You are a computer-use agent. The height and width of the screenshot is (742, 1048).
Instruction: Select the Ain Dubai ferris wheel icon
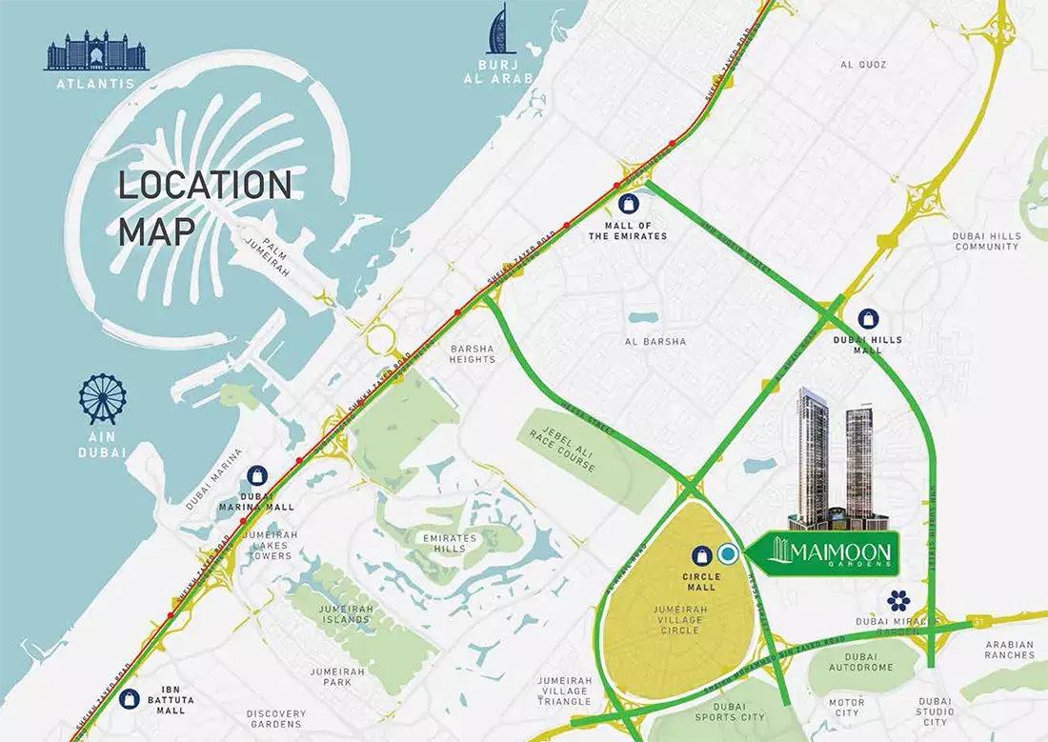[x=102, y=399]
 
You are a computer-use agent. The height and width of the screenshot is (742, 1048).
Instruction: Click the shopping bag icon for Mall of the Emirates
[x=628, y=203]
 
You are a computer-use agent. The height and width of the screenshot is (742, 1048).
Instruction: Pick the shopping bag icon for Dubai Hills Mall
[x=868, y=318]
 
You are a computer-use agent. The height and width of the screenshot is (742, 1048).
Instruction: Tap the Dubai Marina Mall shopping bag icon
[x=256, y=475]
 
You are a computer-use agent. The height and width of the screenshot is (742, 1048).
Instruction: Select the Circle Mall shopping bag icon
[x=701, y=554]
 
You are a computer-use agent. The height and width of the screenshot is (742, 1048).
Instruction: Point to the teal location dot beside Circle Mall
[x=728, y=553]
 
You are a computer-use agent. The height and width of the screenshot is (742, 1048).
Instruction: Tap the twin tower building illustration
[x=836, y=457]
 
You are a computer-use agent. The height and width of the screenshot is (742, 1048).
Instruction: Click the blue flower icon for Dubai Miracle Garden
[x=898, y=600]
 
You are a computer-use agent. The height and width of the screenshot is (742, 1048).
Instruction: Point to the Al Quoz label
[x=863, y=65]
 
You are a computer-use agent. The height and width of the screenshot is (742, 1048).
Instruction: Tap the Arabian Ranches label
[x=1009, y=650]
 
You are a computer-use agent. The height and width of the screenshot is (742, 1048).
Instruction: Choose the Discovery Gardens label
[x=276, y=719]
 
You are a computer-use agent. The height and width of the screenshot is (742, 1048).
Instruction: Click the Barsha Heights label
[x=473, y=353]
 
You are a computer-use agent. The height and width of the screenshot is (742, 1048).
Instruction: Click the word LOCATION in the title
[x=204, y=185]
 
